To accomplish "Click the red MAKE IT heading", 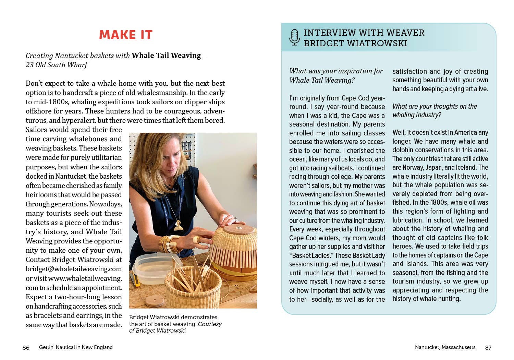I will [125, 35].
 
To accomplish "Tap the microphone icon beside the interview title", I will [294, 37].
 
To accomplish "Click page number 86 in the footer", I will [26, 347].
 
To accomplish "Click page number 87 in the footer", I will [488, 347].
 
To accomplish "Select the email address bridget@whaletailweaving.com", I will [74, 269].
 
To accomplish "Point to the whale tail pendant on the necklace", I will [178, 226].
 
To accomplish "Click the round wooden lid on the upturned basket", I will [238, 229].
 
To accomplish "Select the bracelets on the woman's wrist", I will [168, 243].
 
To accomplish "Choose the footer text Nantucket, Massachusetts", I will [445, 347].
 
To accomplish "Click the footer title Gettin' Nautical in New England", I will [76, 347].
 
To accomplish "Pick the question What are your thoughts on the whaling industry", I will [435, 111].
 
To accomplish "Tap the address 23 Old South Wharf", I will [57, 65].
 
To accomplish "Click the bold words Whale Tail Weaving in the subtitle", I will [166, 56].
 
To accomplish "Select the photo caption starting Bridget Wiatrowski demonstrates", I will [175, 324].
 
